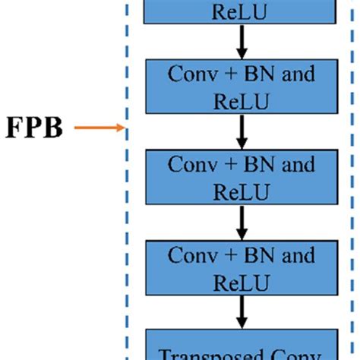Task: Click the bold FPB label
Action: (35, 128)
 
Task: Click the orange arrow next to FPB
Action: (99, 128)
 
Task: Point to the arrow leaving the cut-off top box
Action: (242, 44)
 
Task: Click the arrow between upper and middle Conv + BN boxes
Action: (242, 132)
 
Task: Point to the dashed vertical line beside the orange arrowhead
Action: (128, 129)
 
